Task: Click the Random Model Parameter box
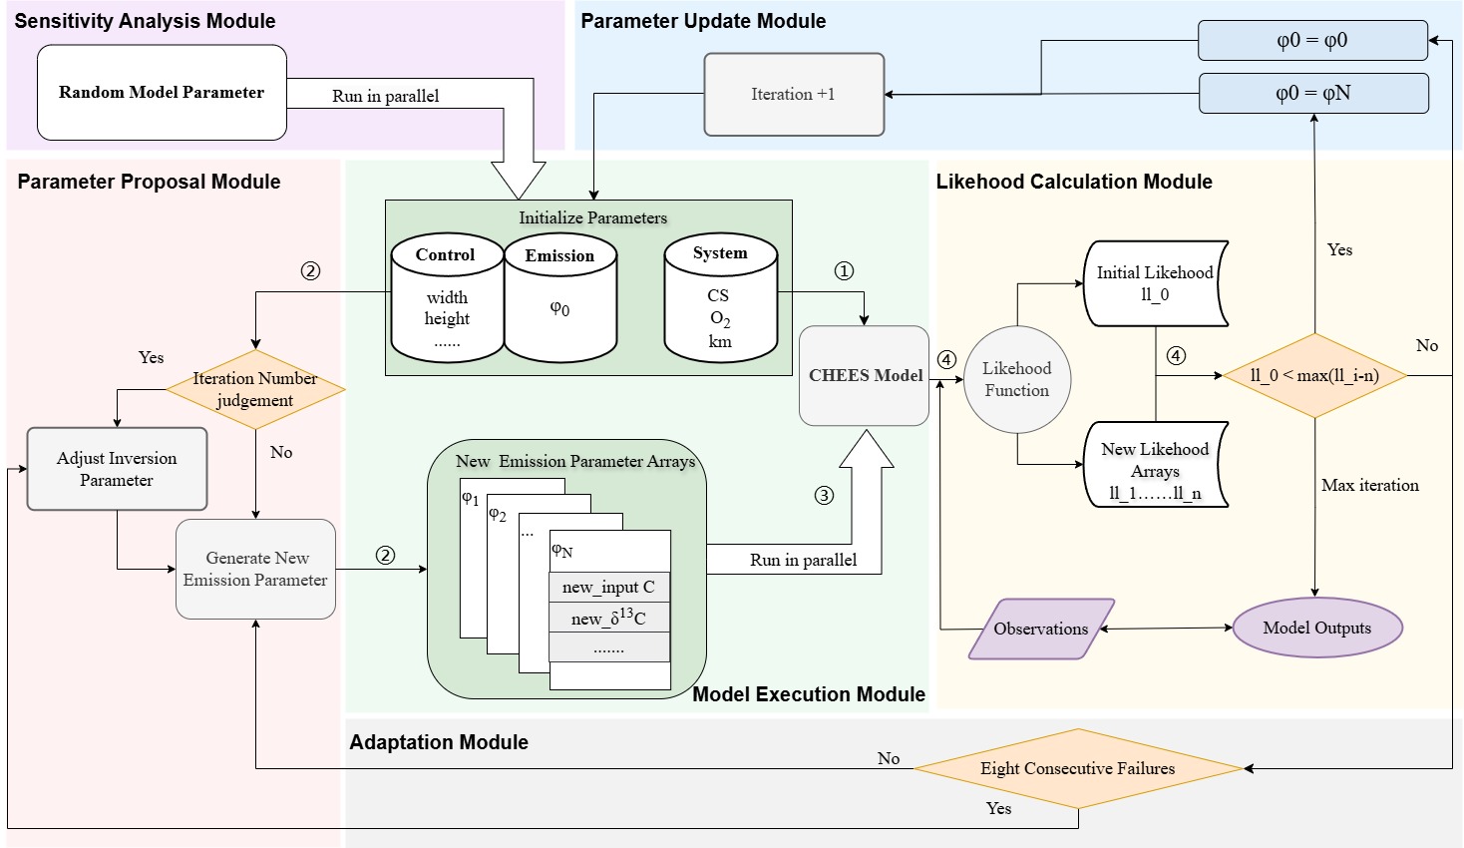(162, 93)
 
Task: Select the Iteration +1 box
(794, 95)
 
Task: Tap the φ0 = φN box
(1312, 94)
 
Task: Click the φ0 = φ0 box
(1312, 41)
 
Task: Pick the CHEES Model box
(865, 376)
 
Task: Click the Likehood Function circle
(1017, 380)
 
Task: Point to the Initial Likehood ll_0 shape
(1155, 283)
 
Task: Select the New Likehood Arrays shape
(1155, 465)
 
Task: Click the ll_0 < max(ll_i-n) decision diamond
(1314, 376)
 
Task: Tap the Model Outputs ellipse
(1317, 629)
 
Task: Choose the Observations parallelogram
(1041, 630)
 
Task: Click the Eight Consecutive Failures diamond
(1078, 769)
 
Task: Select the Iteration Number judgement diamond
(255, 389)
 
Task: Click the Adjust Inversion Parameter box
(117, 469)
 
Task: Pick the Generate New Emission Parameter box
(255, 569)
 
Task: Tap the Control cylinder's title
(446, 255)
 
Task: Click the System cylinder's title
(720, 253)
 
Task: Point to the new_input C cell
(608, 588)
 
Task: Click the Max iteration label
(1369, 486)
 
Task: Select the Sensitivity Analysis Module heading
(145, 21)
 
